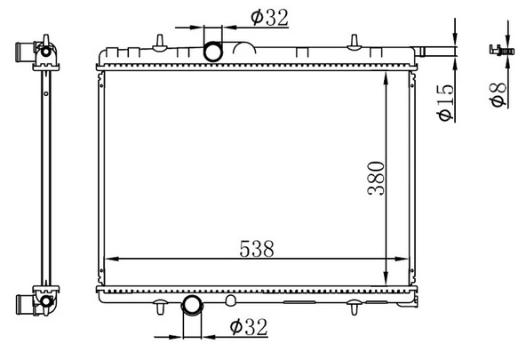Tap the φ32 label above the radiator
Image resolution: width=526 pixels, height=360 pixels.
[267, 18]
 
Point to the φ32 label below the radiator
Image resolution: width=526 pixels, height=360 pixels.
[248, 327]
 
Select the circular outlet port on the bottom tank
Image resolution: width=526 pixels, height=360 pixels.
[193, 307]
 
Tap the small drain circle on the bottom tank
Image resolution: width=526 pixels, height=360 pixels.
[230, 299]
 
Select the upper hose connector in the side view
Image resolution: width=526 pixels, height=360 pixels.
[41, 55]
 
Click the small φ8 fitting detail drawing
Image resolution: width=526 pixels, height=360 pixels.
[498, 52]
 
